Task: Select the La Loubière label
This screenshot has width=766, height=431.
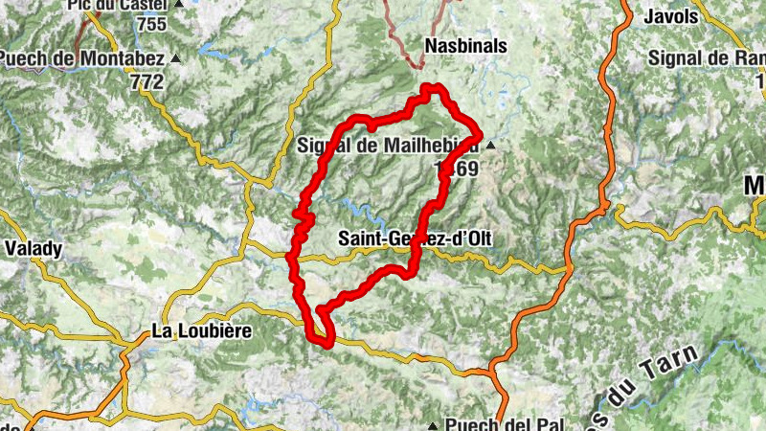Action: pos(201,331)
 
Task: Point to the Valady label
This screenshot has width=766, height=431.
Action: pos(34,249)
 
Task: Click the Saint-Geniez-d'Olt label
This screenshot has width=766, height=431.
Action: pos(416,238)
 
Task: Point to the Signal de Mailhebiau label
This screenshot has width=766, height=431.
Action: pos(388,146)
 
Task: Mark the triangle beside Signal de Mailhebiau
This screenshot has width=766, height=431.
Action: pos(491,147)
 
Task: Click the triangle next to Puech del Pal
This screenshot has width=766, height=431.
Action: pos(434,424)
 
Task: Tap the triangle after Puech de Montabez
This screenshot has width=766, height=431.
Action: pos(175,59)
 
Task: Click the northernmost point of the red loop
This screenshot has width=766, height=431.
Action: pos(433,87)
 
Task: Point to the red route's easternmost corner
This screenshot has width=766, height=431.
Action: pos(479,132)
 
